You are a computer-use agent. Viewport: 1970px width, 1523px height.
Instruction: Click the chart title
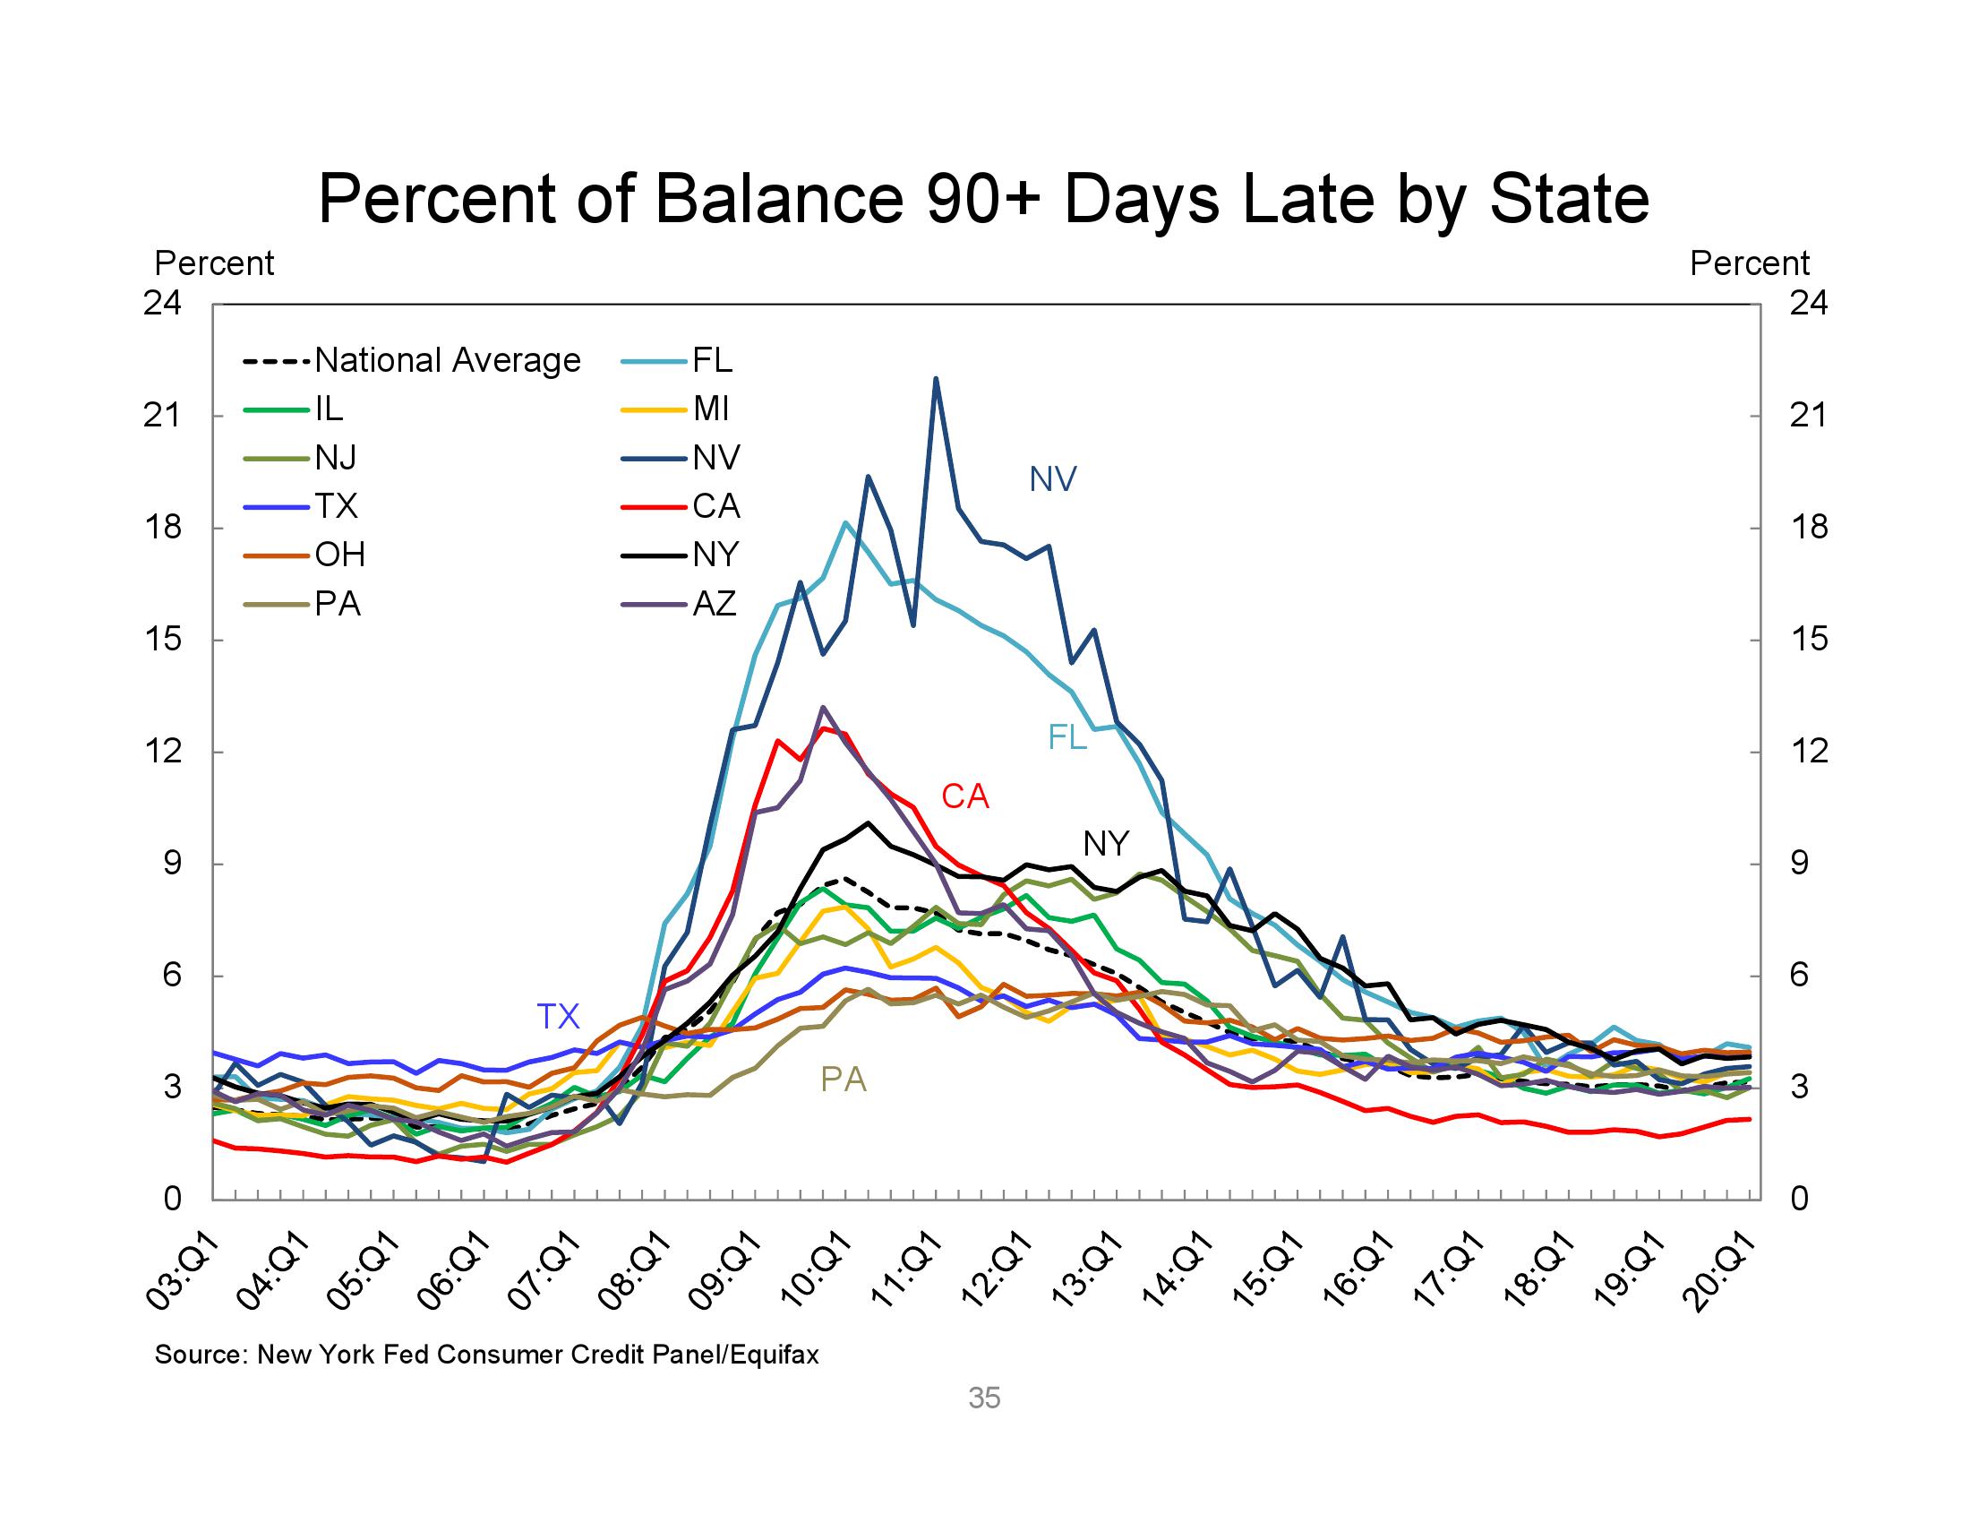pyautogui.click(x=983, y=199)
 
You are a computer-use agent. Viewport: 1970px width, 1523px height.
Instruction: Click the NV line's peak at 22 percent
pyautogui.click(x=936, y=379)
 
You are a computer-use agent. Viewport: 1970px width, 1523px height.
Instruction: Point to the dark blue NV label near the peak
pyautogui.click(x=1053, y=480)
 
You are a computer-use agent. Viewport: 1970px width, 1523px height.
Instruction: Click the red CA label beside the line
pyautogui.click(x=964, y=796)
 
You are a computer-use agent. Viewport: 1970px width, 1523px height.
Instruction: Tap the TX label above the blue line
pyautogui.click(x=558, y=1017)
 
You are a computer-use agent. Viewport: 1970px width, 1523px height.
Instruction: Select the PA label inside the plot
pyautogui.click(x=843, y=1080)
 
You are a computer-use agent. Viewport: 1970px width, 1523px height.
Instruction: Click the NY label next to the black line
pyautogui.click(x=1105, y=844)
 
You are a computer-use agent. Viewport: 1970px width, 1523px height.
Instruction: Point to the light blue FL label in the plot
pyautogui.click(x=1067, y=738)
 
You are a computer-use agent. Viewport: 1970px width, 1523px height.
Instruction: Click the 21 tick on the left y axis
pyautogui.click(x=163, y=416)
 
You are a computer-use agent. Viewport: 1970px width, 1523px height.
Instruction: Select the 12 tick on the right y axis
pyautogui.click(x=1809, y=752)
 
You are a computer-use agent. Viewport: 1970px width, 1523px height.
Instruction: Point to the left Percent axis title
pyautogui.click(x=214, y=263)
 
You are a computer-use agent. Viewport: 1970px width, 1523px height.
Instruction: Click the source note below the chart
pyautogui.click(x=487, y=1355)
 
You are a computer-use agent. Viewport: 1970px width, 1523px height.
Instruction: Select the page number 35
pyautogui.click(x=984, y=1398)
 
